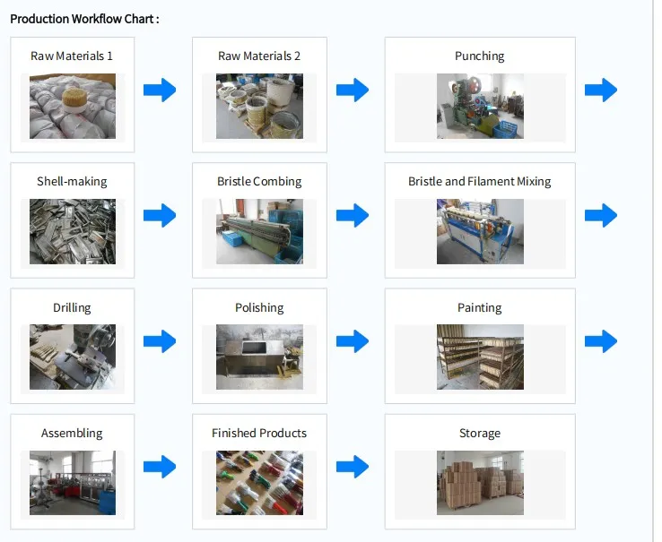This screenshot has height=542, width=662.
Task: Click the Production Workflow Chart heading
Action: coord(84,18)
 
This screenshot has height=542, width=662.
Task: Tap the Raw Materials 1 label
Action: coord(72,56)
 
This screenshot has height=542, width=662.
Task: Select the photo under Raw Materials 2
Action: coord(259,106)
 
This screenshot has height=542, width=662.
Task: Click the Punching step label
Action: coord(480,56)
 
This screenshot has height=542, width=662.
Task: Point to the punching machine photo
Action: coord(480,106)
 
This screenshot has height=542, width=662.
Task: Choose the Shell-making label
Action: coord(72,181)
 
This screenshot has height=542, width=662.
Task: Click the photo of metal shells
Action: coord(72,231)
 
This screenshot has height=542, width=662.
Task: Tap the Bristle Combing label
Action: coord(259,181)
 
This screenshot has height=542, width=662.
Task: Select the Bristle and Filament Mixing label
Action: coord(480,181)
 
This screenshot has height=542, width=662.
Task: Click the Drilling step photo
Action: coord(72,357)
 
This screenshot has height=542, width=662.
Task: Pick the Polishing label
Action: coord(259,307)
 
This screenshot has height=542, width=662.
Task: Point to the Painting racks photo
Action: coord(480,357)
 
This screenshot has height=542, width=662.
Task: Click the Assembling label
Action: coord(72,433)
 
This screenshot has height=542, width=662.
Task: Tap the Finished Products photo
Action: coord(259,483)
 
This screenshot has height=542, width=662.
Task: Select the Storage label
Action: coord(480,433)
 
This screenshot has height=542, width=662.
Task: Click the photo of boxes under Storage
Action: coord(480,483)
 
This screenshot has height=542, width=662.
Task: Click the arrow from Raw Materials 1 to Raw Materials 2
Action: coord(160,90)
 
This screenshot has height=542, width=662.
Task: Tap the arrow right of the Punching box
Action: coord(601,90)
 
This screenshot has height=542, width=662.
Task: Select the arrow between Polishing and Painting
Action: coord(353,341)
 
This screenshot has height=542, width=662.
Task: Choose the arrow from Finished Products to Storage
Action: coord(353,467)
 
